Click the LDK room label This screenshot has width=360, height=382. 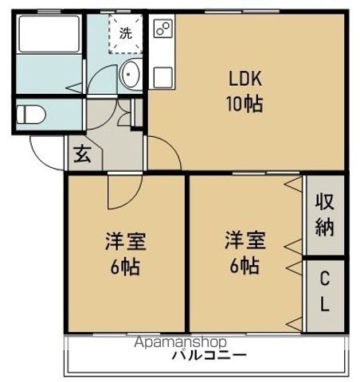coord(245,78)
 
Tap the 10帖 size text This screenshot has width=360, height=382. coord(245,103)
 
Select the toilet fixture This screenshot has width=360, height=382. coord(31,115)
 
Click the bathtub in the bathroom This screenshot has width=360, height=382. coord(49,34)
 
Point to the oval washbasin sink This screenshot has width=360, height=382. coord(130,74)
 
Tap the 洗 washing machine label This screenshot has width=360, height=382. coord(126,33)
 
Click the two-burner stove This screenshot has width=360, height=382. coord(163,29)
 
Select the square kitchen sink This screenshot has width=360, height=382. coord(163,77)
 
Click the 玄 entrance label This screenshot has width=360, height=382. coord(82,154)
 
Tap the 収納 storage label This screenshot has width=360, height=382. coord(324,215)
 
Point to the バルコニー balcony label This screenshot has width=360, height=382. coord(209,355)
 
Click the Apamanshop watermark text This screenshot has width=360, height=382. coord(181,342)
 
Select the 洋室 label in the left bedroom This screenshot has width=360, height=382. coord(126,241)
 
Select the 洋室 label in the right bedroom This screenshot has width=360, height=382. coord(245,240)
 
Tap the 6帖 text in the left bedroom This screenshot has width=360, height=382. coord(125,267)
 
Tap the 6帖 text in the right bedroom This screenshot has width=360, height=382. coord(245,266)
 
